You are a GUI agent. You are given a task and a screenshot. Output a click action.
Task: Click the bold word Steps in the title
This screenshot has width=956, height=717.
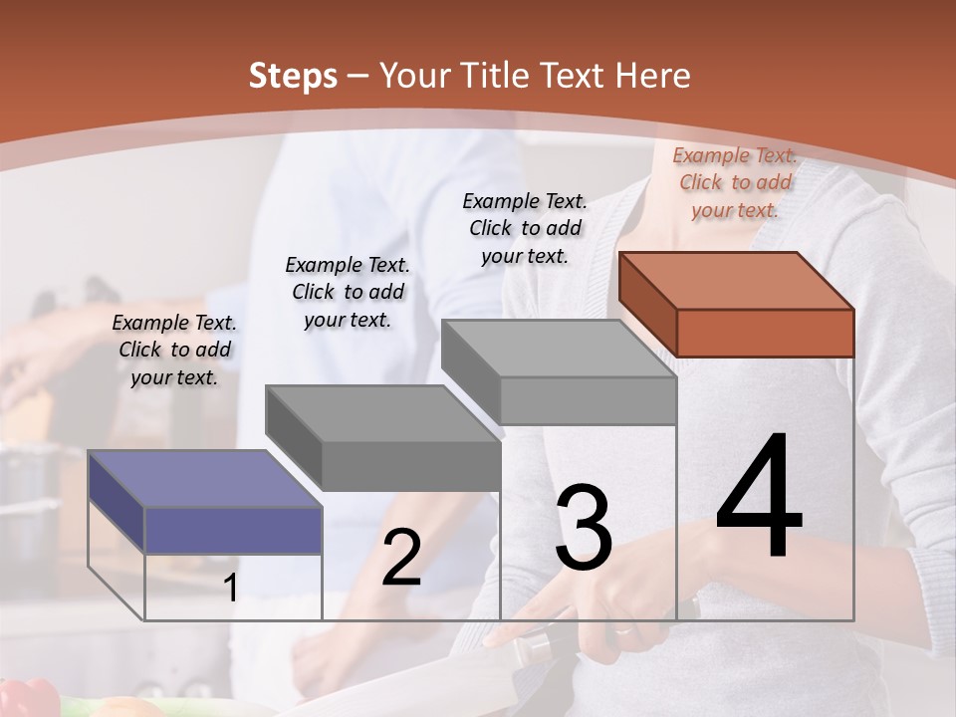pos(293,76)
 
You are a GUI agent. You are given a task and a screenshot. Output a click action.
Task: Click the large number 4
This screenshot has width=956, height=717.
pos(759,497)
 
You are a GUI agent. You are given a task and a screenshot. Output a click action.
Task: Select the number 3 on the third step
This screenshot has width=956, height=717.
pos(584,527)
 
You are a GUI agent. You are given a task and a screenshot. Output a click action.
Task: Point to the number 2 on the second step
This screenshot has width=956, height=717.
pos(401,558)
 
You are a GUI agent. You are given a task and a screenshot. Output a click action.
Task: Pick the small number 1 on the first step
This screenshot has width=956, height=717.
pos(231,588)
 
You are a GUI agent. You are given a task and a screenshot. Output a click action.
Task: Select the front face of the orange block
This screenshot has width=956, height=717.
pos(765,333)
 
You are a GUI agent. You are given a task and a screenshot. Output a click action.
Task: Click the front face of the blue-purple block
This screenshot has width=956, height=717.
pos(233,529)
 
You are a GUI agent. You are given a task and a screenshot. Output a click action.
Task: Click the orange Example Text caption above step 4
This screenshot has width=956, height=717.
pos(735,182)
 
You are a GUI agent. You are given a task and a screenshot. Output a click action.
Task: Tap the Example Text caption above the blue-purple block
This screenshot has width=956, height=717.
pos(174,350)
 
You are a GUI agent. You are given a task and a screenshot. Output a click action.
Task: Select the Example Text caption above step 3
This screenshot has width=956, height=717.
pos(525,228)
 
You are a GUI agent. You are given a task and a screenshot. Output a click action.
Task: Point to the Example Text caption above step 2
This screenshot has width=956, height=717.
pos(348,292)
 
